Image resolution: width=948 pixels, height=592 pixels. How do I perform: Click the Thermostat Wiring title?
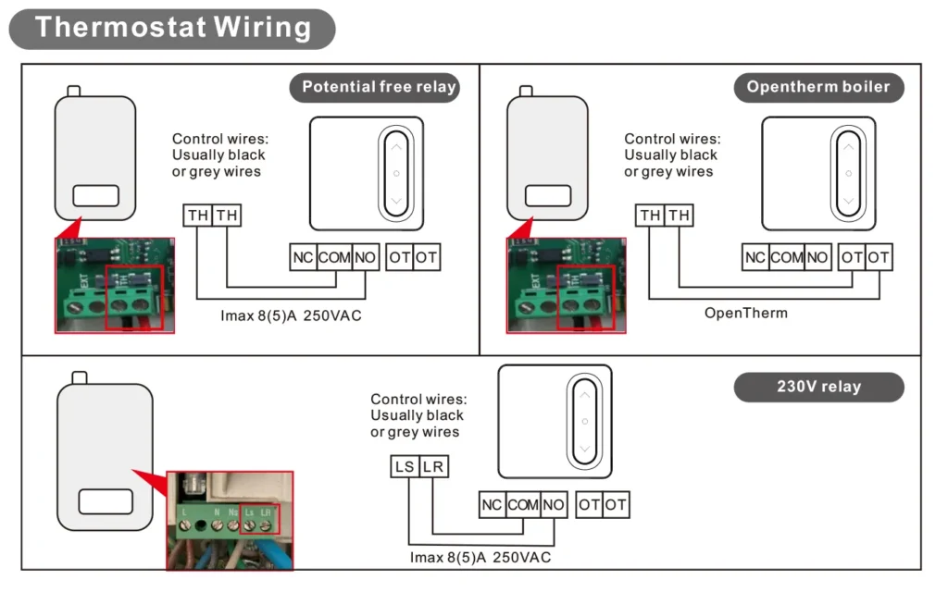click(172, 27)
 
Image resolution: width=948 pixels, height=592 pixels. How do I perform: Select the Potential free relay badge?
click(380, 88)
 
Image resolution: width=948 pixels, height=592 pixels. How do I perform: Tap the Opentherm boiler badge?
click(818, 88)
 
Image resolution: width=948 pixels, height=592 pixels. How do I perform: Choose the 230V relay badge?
click(818, 387)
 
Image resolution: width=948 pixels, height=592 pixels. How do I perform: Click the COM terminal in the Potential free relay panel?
click(334, 257)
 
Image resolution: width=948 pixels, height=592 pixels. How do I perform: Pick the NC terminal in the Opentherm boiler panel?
click(755, 257)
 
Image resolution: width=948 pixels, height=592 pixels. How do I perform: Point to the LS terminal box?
click(405, 466)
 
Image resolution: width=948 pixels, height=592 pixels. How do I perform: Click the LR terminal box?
click(433, 466)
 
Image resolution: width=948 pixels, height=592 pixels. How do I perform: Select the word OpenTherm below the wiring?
click(746, 313)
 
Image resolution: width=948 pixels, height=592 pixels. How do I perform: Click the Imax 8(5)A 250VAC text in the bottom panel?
click(480, 557)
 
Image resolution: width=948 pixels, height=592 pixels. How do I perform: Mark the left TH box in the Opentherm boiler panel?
click(650, 216)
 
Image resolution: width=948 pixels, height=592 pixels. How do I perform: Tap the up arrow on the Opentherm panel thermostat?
click(848, 147)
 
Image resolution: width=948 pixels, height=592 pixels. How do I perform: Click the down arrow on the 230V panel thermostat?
click(584, 449)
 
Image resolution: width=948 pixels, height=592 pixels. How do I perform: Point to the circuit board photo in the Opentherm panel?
click(566, 285)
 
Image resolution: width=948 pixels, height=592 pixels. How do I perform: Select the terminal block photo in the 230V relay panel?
click(230, 521)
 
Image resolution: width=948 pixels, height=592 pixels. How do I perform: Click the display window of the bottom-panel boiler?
click(105, 502)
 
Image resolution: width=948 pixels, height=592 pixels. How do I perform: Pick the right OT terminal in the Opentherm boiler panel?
click(879, 257)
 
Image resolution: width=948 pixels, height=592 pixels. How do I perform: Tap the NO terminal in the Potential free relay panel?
click(366, 257)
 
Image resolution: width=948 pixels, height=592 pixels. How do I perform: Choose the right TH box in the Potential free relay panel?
click(227, 216)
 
